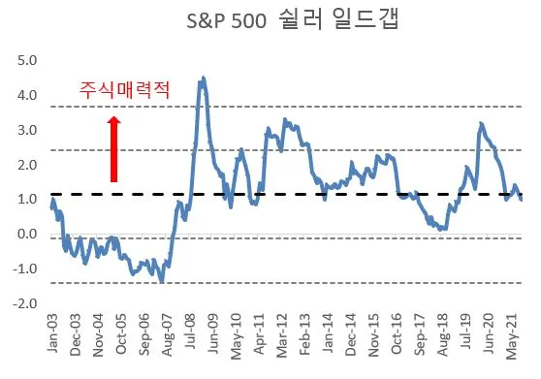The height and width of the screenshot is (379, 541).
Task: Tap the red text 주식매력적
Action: point(124,90)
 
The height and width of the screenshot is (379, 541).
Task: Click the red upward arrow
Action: point(113,148)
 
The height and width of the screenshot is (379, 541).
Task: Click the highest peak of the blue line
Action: point(201,79)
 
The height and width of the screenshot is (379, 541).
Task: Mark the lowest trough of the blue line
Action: point(161,281)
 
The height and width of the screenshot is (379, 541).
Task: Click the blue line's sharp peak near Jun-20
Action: point(481,123)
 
